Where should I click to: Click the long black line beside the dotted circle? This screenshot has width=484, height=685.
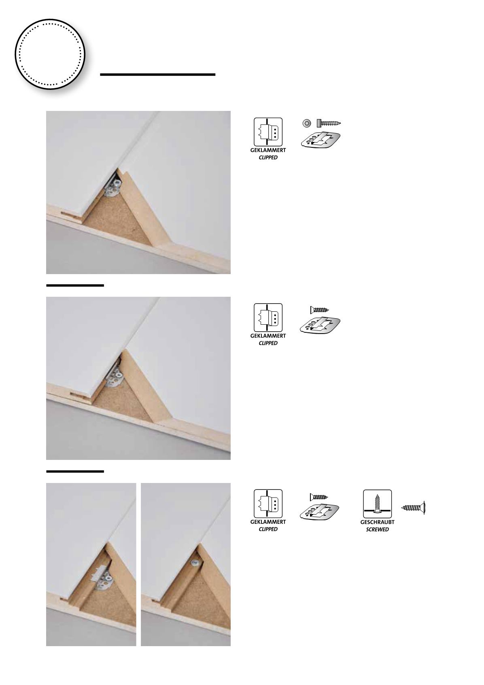click(x=158, y=74)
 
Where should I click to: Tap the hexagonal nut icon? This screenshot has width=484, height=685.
click(x=307, y=123)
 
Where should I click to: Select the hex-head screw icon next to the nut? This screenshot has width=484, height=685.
click(x=329, y=123)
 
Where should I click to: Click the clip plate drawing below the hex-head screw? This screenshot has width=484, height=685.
click(x=321, y=140)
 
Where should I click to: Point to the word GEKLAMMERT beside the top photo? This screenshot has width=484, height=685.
click(x=268, y=150)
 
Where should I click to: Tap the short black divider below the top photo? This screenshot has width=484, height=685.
click(x=75, y=285)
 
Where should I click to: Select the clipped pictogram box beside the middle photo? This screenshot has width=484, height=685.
click(x=268, y=317)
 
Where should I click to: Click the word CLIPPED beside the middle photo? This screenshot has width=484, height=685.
click(x=268, y=343)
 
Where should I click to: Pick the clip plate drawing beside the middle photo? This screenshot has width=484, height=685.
click(x=320, y=325)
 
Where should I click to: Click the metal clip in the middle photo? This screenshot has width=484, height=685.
click(x=113, y=375)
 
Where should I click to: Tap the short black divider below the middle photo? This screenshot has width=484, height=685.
click(x=75, y=472)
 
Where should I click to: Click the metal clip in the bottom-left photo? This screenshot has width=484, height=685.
click(x=102, y=576)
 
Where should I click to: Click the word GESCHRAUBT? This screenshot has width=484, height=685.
click(x=377, y=522)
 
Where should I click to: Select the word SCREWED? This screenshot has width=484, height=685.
click(x=377, y=530)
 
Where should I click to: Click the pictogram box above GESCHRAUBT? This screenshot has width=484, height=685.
click(x=377, y=504)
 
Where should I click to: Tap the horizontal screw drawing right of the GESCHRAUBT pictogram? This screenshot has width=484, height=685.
click(x=413, y=508)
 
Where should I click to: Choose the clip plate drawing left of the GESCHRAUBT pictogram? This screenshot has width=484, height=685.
click(x=320, y=511)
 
